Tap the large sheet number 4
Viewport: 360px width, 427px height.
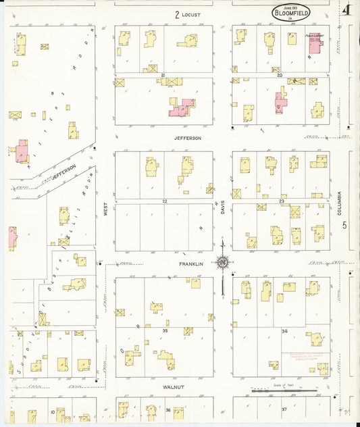pyautogui.click(x=346, y=10)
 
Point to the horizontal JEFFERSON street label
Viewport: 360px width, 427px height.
pyautogui.click(x=188, y=138)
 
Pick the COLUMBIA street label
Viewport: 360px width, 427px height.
pyautogui.click(x=340, y=203)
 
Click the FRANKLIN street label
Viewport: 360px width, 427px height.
pyautogui.click(x=190, y=263)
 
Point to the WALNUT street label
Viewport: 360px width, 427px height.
pyautogui.click(x=174, y=387)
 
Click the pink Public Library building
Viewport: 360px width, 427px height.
pyautogui.click(x=315, y=41)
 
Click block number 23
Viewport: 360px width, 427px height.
pyautogui.click(x=281, y=201)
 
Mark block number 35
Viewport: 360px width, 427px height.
pyautogui.click(x=164, y=330)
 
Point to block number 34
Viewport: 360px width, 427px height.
pyautogui.click(x=284, y=331)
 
